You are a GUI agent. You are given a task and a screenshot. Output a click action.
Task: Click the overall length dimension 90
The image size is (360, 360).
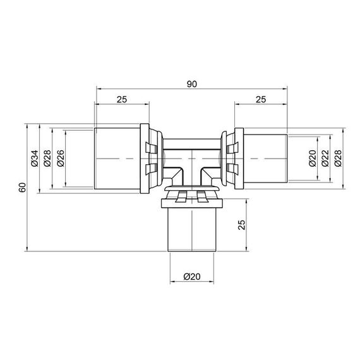pos(192,84)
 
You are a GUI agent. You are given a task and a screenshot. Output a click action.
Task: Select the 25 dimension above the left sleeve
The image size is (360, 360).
pos(122,99)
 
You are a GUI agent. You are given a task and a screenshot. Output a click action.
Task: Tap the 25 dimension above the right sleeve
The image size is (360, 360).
pos(261,99)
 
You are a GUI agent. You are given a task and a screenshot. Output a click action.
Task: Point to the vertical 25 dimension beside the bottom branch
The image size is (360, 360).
pos(241,225)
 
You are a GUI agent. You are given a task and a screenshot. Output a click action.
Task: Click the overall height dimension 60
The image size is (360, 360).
pos(23,188)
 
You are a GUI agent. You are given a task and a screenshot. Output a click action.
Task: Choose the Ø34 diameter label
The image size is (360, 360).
pos(35,159)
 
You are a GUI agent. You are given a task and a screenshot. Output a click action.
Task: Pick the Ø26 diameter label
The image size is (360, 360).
pos(61,159)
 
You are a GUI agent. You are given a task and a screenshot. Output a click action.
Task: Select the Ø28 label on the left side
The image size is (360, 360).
pos(47,159)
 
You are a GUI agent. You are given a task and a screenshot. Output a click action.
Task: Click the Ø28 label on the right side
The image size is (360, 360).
pos(338,158)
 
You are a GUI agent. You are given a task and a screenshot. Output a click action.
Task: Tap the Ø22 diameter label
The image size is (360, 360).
pos(325,158)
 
